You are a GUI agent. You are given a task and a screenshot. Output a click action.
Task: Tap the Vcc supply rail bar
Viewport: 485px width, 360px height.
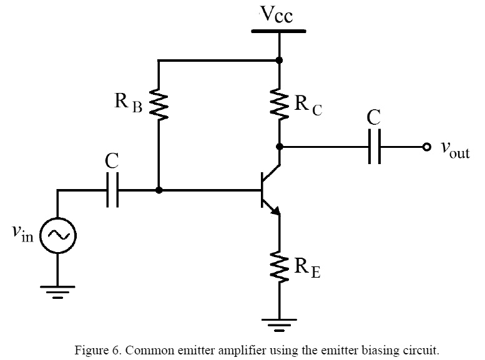[x=279, y=30]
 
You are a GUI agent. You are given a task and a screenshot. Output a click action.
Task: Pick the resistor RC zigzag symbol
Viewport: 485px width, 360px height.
[x=279, y=103]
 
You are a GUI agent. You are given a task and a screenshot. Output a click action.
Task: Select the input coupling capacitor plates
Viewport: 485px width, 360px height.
[x=112, y=190]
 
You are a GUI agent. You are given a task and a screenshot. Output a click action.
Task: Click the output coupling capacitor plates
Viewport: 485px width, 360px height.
[x=375, y=147]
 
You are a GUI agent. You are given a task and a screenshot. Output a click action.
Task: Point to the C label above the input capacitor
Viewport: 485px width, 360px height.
[x=112, y=162]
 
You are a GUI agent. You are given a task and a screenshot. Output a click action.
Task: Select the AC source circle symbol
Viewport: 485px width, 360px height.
[x=57, y=235]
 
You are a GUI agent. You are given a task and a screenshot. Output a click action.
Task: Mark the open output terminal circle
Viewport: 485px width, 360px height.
[x=426, y=147]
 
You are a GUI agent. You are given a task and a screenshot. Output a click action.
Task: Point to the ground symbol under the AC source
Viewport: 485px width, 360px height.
[x=57, y=291]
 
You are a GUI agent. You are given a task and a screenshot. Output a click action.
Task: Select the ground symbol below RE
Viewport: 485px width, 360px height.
[x=279, y=325]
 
